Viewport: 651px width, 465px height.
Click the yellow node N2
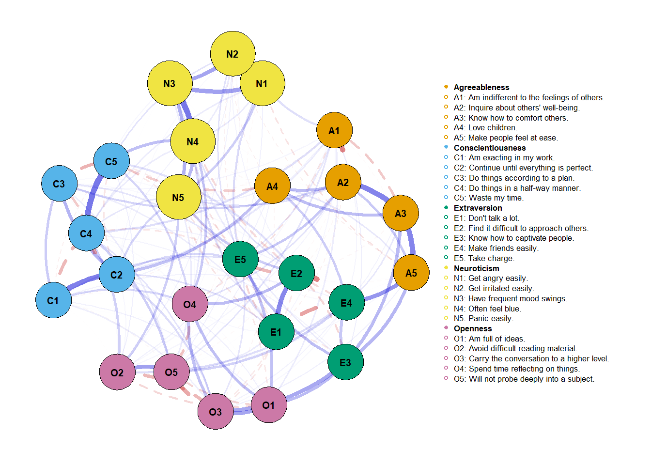point(232,54)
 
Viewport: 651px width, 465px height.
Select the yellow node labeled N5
point(178,197)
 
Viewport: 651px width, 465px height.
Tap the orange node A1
point(334,130)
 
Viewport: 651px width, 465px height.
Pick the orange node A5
point(411,273)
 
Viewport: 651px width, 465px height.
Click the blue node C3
point(59,184)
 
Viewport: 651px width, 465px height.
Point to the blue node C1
point(53,300)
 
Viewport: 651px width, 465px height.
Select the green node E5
point(240,259)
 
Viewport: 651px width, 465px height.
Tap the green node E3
point(345,362)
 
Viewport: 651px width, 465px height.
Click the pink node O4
point(190,304)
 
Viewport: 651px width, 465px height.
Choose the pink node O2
point(117,372)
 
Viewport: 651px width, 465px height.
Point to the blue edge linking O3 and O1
point(242,410)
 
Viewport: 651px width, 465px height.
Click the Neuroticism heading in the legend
point(476,268)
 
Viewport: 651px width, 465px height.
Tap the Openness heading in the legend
point(472,328)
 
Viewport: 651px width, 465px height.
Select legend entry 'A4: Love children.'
point(485,127)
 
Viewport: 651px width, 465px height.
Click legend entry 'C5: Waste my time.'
point(488,198)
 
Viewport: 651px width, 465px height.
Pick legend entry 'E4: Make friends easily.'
point(496,248)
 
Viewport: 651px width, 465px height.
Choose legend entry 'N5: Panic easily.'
point(483,318)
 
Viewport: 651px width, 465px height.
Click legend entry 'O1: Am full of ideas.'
point(489,339)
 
